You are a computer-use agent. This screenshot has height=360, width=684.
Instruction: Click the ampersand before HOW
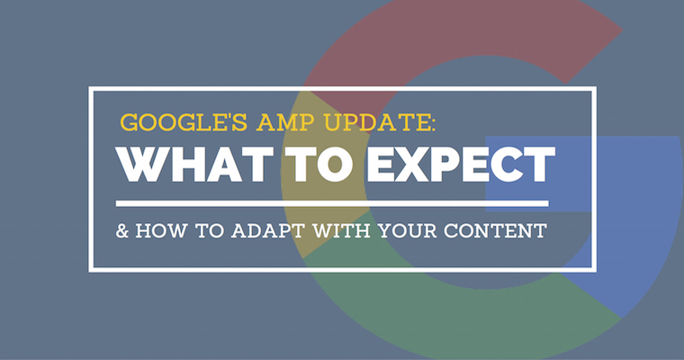(122, 230)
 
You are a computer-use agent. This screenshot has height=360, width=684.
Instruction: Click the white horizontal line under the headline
(333, 202)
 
